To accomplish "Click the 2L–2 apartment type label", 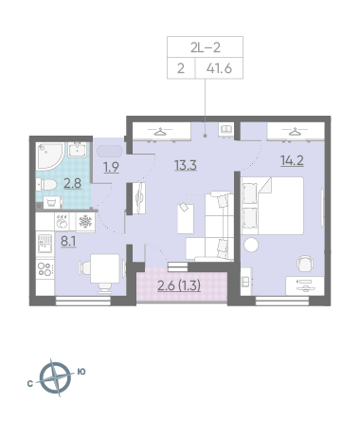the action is point(206,47).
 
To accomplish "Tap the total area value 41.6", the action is point(219,68).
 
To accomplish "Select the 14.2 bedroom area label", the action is point(292,160).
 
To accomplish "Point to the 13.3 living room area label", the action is point(186,165).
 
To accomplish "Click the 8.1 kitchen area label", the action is point(68,241).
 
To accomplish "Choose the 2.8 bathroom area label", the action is point(73,183).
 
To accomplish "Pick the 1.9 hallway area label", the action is point(112,167).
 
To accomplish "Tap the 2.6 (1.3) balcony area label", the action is point(179,285).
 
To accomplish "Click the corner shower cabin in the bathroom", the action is point(50,156).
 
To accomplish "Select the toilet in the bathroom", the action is point(46,184).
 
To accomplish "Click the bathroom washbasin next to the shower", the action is point(77,149).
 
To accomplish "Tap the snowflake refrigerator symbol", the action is point(85,222).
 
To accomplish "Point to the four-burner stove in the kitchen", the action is point(45,269).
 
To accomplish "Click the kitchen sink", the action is point(45,244).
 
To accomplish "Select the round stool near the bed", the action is point(251,245).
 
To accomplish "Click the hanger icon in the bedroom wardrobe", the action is point(296,131).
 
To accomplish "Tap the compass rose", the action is point(55,377).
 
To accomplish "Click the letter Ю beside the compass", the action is point(81,372).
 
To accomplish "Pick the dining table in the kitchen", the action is point(105,268).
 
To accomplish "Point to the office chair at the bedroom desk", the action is point(305,264).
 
